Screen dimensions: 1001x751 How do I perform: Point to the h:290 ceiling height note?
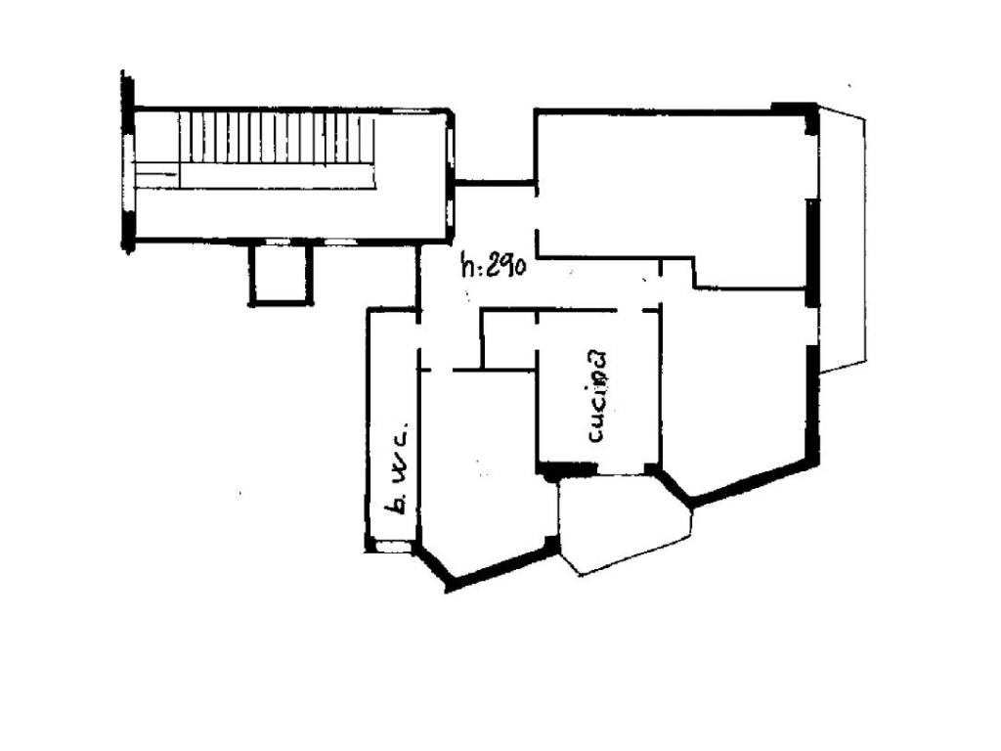(x=493, y=264)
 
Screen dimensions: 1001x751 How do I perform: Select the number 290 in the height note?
(x=506, y=264)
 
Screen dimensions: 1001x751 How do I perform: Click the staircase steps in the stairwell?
(x=277, y=138)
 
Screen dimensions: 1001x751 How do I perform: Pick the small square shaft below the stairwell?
(x=281, y=274)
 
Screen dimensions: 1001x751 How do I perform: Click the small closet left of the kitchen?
(x=508, y=339)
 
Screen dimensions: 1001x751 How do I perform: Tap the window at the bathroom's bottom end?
(x=393, y=547)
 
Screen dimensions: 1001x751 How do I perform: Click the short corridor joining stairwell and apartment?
(x=494, y=183)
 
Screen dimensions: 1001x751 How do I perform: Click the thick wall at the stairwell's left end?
(x=128, y=163)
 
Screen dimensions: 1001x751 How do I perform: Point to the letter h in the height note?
(x=468, y=264)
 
